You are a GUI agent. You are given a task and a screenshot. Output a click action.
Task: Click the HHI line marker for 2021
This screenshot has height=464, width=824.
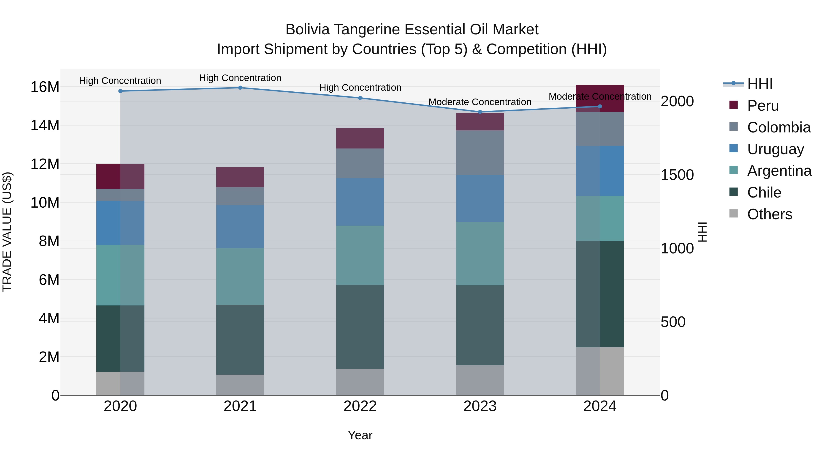pyautogui.click(x=240, y=88)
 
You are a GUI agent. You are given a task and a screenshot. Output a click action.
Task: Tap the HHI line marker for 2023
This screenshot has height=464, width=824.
pyautogui.click(x=480, y=112)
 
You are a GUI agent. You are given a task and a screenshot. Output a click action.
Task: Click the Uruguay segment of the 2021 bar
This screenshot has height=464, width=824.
pyautogui.click(x=240, y=226)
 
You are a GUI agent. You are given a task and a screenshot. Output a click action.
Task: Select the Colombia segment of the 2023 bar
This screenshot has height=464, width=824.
pyautogui.click(x=480, y=153)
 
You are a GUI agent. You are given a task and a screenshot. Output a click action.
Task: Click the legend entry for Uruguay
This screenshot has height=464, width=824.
pyautogui.click(x=775, y=149)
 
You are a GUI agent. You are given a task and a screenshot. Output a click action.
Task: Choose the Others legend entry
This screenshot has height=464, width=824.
pyautogui.click(x=769, y=214)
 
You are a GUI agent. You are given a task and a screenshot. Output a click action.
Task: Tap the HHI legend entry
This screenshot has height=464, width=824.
pyautogui.click(x=760, y=84)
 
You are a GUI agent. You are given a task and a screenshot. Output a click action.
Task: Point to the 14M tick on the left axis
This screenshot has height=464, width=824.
pyautogui.click(x=45, y=125)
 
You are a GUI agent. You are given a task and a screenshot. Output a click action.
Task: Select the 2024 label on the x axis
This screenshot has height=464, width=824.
pyautogui.click(x=599, y=406)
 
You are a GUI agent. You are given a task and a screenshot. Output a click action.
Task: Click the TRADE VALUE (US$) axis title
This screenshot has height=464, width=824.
pyautogui.click(x=7, y=232)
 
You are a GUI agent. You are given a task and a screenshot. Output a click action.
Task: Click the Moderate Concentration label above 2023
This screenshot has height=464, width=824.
pyautogui.click(x=480, y=102)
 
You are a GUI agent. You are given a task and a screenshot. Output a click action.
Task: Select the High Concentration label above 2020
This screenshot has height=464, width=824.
pyautogui.click(x=120, y=81)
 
